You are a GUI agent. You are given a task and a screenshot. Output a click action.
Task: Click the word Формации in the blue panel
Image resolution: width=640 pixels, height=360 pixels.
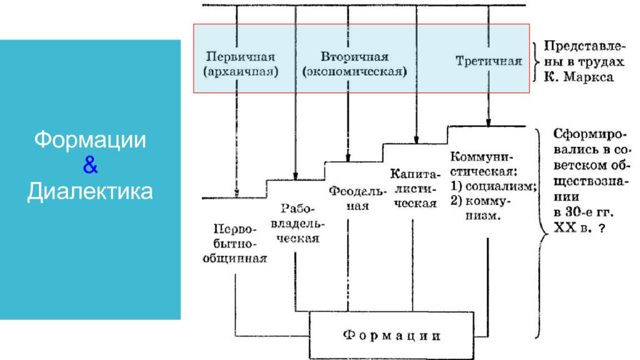(90, 140)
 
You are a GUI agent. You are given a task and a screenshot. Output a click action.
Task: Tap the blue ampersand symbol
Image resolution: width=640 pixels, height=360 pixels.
(90, 165)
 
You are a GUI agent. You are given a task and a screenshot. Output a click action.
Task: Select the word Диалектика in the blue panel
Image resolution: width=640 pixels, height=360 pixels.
(90, 191)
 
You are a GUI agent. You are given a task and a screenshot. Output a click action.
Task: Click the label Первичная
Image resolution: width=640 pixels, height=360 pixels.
(241, 56)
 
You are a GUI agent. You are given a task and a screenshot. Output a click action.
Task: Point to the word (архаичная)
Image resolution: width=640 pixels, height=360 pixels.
(241, 72)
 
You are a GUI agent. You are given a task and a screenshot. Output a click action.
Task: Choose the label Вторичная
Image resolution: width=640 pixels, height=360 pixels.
(354, 56)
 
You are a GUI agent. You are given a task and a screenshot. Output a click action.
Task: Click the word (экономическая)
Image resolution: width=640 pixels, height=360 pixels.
(354, 72)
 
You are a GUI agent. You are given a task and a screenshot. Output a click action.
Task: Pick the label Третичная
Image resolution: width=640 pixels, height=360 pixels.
(489, 61)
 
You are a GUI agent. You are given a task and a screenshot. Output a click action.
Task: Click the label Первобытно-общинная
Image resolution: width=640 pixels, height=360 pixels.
(235, 244)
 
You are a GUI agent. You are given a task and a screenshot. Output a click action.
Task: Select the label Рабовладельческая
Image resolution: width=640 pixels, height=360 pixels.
(297, 223)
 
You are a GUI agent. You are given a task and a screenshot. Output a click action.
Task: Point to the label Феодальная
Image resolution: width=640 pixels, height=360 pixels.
(357, 198)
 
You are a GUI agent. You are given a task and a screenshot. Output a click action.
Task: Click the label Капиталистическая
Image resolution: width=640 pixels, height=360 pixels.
(415, 189)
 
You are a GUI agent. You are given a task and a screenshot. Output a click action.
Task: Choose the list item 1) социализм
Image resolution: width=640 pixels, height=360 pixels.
(493, 186)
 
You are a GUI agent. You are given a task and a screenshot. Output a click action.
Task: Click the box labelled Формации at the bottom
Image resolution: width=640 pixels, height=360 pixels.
(391, 336)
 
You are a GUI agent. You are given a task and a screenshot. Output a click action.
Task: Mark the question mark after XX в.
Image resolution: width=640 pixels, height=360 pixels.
(601, 228)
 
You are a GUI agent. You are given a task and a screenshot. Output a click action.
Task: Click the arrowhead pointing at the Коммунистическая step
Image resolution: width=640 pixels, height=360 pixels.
(488, 122)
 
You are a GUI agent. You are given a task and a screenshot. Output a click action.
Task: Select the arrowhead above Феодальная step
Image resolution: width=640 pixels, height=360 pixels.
(347, 158)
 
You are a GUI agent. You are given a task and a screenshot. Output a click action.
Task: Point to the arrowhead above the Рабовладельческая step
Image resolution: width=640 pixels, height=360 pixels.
(296, 176)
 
